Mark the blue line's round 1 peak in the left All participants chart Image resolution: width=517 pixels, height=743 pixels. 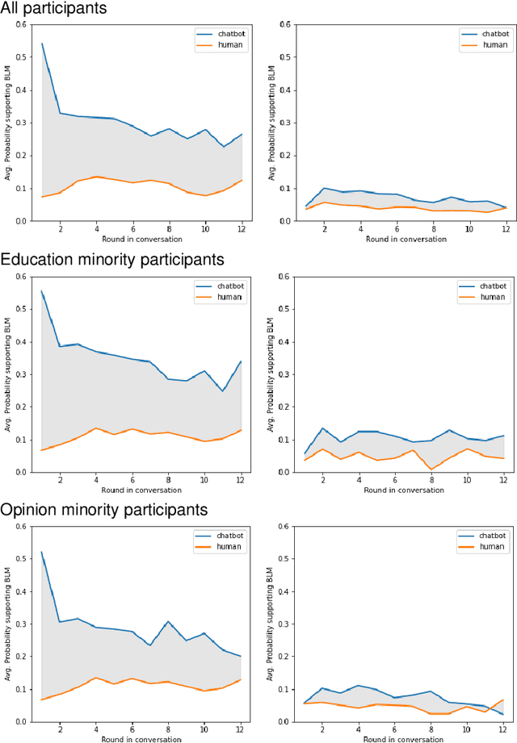coord(42,44)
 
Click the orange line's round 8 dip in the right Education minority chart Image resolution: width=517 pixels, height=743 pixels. coord(431,469)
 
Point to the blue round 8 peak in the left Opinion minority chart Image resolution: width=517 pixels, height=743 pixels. coord(168,622)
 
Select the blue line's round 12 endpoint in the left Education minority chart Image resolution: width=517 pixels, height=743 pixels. coord(241,361)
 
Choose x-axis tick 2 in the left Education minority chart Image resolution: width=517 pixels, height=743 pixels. coord(60,480)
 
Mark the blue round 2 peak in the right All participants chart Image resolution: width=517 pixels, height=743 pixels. coord(324,188)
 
